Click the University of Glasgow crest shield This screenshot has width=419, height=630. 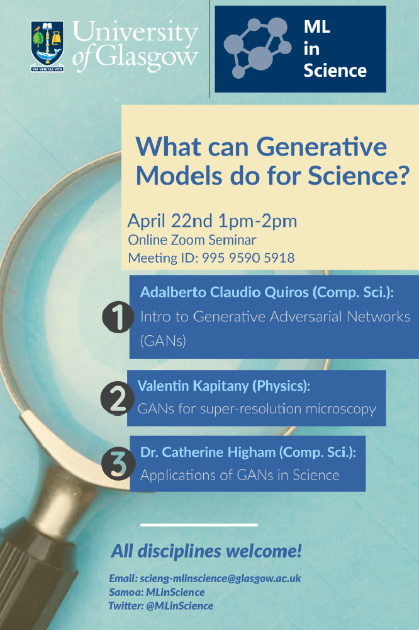click(x=47, y=47)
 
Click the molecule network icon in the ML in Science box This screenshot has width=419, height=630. click(x=257, y=47)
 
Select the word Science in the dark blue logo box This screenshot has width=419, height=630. click(x=335, y=71)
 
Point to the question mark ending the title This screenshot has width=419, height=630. click(x=401, y=175)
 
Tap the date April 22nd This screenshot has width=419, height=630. click(x=170, y=221)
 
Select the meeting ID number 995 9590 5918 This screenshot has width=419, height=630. click(x=248, y=258)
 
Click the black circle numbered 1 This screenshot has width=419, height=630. click(x=118, y=317)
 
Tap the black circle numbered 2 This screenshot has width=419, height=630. click(x=117, y=398)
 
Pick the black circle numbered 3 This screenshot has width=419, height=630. click(x=118, y=465)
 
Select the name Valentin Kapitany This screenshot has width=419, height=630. click(x=193, y=386)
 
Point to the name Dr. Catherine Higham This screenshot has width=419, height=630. click(x=208, y=452)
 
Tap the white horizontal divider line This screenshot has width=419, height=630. click(x=199, y=525)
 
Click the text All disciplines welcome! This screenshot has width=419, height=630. click(x=206, y=551)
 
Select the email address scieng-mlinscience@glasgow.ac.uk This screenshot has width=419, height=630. click(x=220, y=578)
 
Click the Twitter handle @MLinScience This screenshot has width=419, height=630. click(x=179, y=606)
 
